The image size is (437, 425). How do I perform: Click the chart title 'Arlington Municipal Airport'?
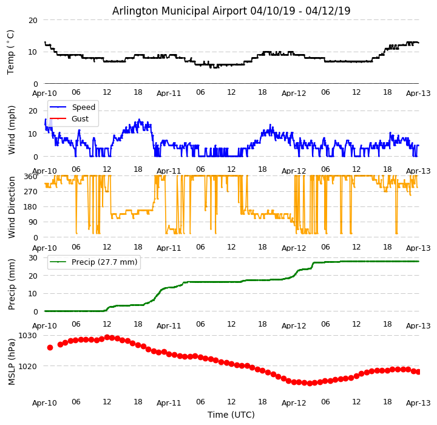(x=231, y=11)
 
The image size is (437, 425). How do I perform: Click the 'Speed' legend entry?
(x=83, y=107)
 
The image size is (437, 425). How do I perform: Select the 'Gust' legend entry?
(x=80, y=119)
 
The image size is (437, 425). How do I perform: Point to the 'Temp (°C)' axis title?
(x=11, y=52)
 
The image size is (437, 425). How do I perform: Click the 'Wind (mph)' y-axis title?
(x=12, y=129)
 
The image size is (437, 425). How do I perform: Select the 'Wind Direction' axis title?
(x=12, y=206)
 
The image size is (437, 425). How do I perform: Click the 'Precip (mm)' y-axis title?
(x=12, y=284)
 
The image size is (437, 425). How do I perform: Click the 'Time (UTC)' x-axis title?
(x=231, y=415)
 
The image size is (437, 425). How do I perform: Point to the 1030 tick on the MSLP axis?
(x=27, y=335)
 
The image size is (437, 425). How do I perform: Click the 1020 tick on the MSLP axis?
(x=27, y=366)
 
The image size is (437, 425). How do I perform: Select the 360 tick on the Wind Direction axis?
(x=30, y=176)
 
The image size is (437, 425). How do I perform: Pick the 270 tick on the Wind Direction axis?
(x=30, y=191)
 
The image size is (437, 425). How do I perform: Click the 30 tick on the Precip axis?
(x=33, y=257)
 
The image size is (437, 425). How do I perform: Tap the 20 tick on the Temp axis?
(x=33, y=20)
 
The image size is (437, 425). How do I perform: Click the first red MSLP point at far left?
(x=50, y=347)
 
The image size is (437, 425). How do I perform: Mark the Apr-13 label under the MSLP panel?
(x=418, y=403)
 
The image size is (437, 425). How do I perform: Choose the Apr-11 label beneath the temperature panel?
(x=169, y=93)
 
